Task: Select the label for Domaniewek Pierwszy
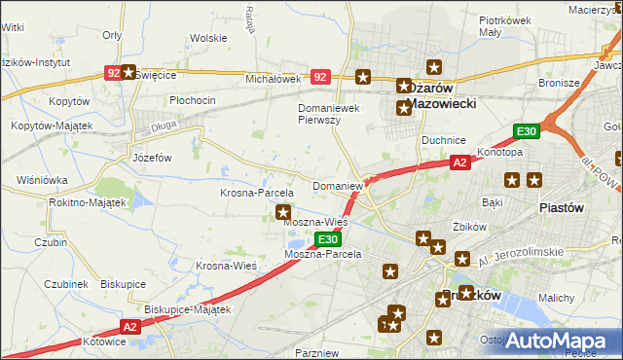[332, 114]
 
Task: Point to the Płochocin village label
[192, 100]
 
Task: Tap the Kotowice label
[105, 342]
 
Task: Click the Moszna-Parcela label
[322, 254]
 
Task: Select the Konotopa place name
[500, 153]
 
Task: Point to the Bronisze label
[558, 84]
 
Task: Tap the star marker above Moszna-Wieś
[283, 211]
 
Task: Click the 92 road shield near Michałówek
[320, 75]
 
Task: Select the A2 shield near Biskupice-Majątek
[131, 328]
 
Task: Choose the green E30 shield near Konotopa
[527, 131]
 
